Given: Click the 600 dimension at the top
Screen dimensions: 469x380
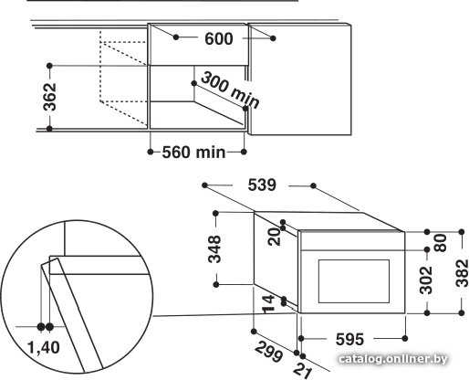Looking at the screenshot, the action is [219, 38].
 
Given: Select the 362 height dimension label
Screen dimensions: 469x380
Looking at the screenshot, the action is [49, 97].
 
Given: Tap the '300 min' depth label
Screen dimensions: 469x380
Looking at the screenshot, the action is [230, 90].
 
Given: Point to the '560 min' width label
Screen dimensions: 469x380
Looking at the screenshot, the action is [193, 152].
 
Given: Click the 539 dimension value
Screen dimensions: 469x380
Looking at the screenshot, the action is [262, 185].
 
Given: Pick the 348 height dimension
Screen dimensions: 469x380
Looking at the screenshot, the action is [214, 248].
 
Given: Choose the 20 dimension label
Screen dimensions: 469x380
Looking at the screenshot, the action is [275, 237].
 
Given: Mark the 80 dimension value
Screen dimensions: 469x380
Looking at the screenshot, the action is [441, 243].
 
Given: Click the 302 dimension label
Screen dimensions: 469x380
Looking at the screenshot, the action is [426, 280].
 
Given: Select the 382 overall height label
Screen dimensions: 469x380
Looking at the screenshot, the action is [462, 273].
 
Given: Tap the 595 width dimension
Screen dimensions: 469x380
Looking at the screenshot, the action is [349, 339].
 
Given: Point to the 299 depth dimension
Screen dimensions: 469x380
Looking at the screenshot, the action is [268, 352].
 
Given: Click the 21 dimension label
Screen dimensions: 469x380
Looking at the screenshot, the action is [303, 371].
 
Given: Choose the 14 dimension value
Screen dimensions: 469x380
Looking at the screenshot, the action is [268, 304].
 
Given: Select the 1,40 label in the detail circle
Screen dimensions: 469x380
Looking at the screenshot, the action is [44, 347].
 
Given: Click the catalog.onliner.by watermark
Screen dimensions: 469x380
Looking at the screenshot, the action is [392, 359].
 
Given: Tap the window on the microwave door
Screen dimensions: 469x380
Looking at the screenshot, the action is [354, 281].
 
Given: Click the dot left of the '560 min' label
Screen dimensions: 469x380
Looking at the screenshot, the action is [151, 152].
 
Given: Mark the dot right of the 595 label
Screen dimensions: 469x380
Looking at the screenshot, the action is [405, 338].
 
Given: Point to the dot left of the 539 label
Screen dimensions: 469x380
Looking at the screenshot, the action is [204, 185].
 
